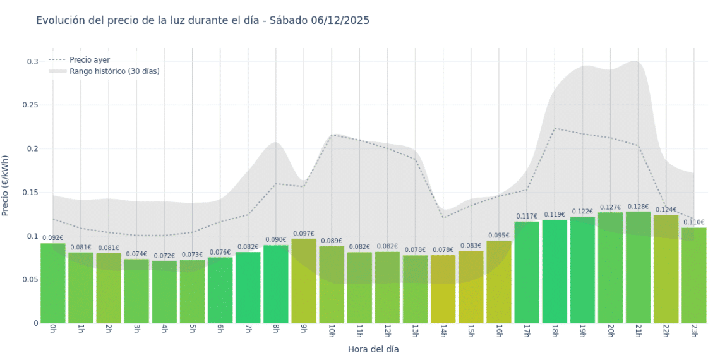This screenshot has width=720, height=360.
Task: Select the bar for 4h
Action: coord(164,292)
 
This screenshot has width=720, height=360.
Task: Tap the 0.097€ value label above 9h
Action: coord(304,234)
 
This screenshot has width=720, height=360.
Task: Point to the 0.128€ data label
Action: coord(638,207)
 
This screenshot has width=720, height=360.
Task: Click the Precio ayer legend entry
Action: coord(90,60)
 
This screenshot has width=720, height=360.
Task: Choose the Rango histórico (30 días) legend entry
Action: coord(114,71)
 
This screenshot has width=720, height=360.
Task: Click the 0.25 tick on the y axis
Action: coord(30,105)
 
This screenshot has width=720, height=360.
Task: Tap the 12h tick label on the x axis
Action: coord(387,331)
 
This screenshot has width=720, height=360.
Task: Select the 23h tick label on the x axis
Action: coord(693,331)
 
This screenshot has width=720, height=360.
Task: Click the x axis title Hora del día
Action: coord(373,349)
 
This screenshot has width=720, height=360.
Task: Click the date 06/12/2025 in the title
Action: coord(340,20)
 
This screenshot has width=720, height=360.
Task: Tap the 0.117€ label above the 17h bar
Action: coord(526,217)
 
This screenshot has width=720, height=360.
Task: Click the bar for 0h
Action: coord(53,283)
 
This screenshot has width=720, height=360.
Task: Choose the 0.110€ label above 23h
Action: coord(693,222)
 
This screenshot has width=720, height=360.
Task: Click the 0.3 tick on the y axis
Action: coord(32,62)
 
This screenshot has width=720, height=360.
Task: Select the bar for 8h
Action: coord(276,284)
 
